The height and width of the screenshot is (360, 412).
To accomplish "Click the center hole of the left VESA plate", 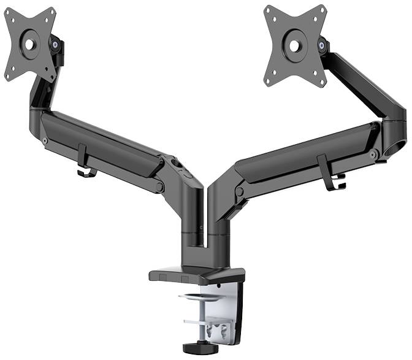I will point(29,44).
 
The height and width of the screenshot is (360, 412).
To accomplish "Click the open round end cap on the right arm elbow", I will point(400,149).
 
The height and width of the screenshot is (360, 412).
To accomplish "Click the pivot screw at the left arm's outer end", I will point(45,141).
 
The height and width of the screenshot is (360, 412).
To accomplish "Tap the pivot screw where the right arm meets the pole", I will point(240,191).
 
